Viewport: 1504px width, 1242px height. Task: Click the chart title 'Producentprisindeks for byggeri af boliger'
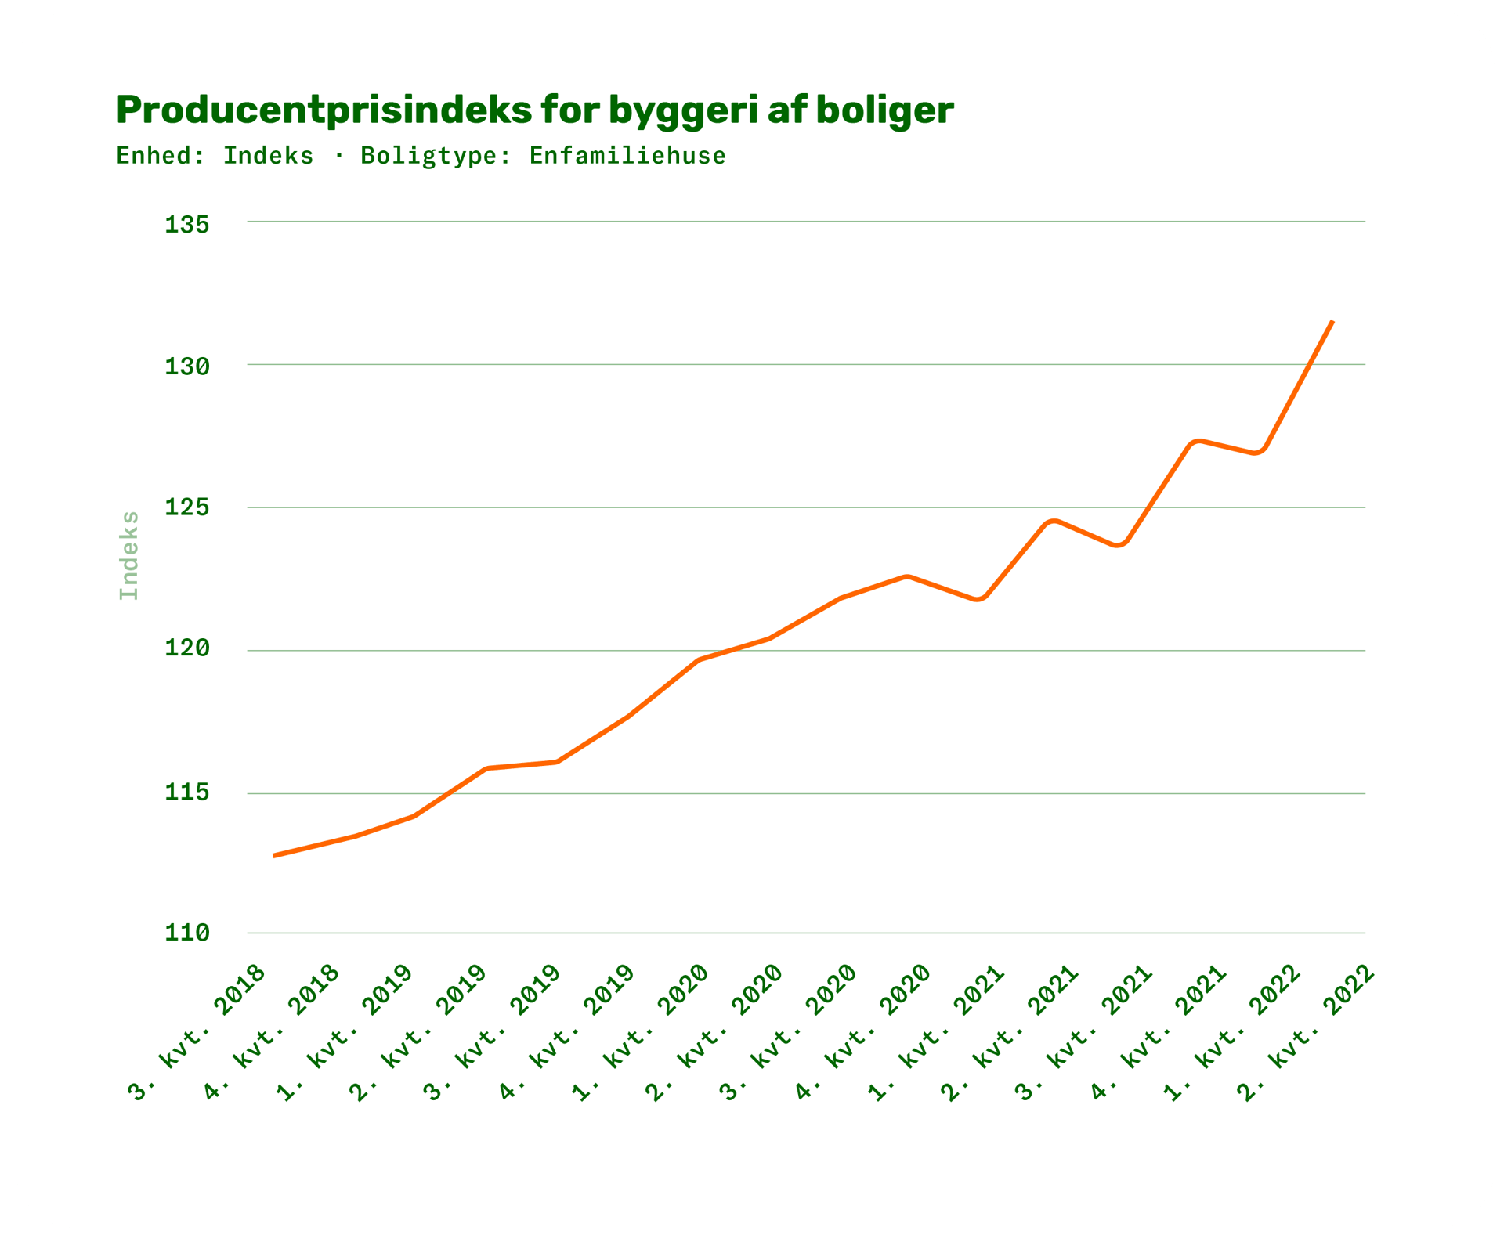(535, 110)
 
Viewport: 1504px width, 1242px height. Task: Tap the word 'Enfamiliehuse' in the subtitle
(627, 156)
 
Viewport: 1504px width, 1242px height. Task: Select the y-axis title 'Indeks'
(128, 555)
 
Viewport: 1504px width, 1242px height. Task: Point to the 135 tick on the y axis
(187, 225)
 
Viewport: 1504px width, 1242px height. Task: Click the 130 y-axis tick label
(187, 366)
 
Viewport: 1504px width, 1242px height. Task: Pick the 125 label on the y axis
(187, 508)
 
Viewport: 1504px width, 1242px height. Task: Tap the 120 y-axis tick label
(187, 649)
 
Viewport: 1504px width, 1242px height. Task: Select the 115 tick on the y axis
(187, 792)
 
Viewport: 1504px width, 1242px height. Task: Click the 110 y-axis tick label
(187, 933)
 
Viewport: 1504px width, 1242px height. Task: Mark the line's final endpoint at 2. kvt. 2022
(1332, 321)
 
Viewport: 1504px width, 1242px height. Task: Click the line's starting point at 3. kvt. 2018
(273, 856)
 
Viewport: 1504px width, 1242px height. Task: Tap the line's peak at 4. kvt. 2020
(907, 576)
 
